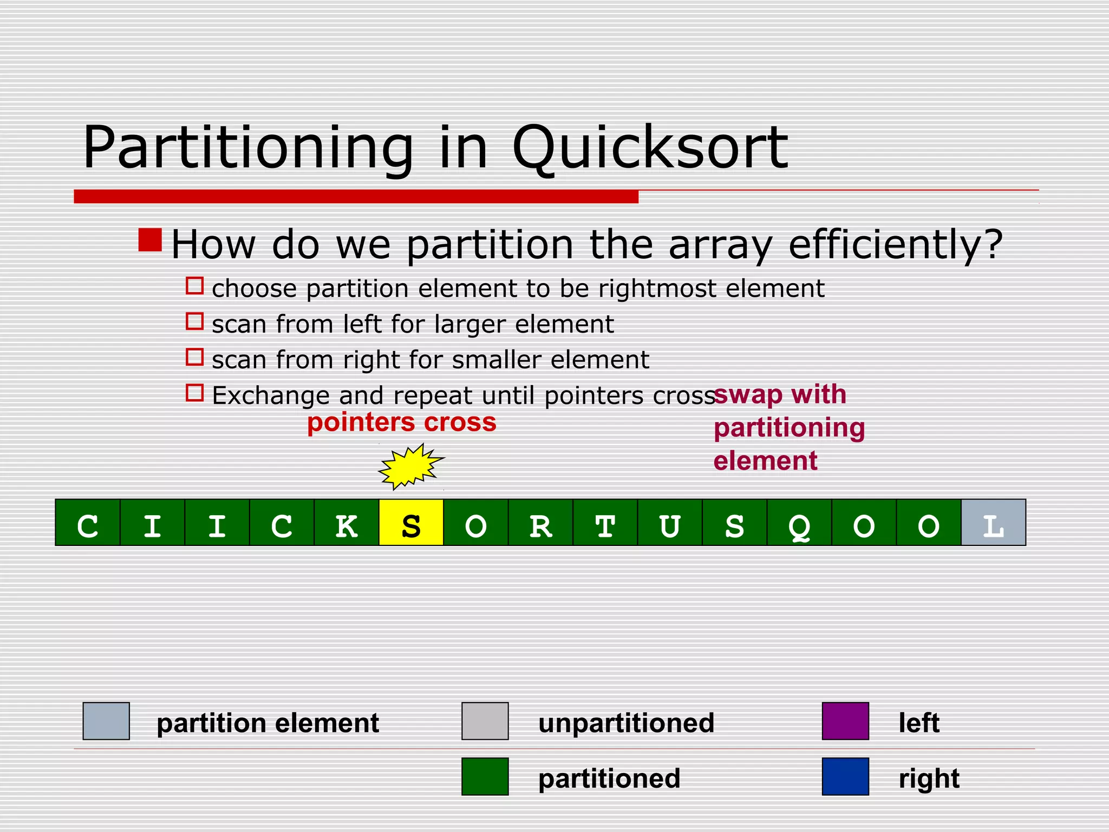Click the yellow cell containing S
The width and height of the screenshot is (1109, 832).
(x=411, y=522)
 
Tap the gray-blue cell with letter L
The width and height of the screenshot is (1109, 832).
(x=993, y=522)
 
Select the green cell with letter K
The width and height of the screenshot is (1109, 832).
(x=347, y=522)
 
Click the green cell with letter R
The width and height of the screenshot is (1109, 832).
(x=540, y=522)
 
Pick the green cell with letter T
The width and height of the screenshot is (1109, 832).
(x=605, y=522)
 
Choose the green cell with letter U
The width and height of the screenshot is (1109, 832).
(x=670, y=522)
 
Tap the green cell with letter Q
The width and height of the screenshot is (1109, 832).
(x=799, y=522)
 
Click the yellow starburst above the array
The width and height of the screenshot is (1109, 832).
(x=410, y=466)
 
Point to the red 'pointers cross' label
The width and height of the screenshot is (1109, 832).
(x=401, y=422)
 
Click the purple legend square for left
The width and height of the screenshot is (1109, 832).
(x=845, y=721)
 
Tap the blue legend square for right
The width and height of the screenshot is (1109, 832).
(x=845, y=776)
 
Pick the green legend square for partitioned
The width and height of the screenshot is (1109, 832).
(x=485, y=776)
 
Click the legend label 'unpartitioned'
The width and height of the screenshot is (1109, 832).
(x=626, y=723)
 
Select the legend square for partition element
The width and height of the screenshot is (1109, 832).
(x=106, y=721)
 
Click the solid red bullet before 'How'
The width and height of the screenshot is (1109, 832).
(x=150, y=240)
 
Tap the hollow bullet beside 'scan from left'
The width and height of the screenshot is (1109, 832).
(x=194, y=321)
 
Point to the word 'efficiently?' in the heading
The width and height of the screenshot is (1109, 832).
(x=895, y=245)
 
